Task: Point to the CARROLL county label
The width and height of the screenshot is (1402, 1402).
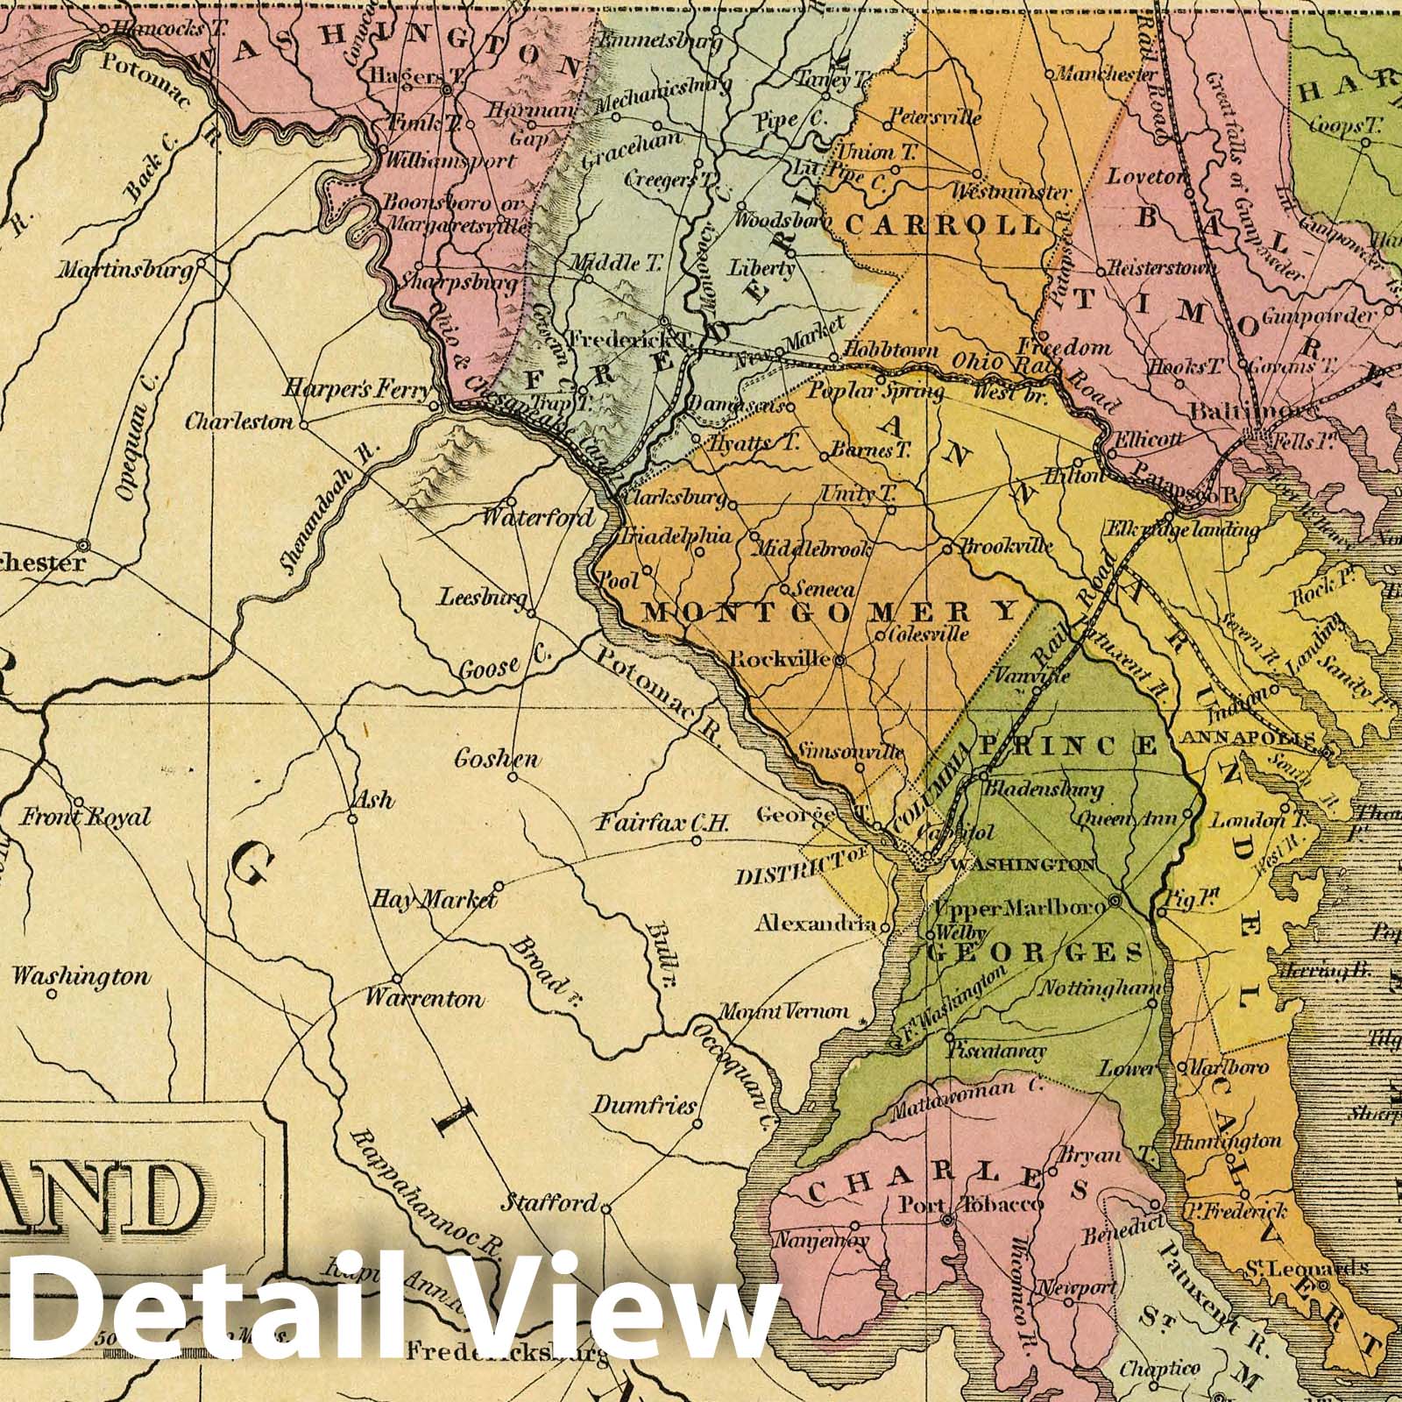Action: [944, 225]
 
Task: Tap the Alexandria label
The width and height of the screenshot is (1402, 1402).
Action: [815, 924]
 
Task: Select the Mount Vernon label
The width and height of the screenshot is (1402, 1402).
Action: [783, 1011]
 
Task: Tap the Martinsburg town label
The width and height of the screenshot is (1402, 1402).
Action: [125, 271]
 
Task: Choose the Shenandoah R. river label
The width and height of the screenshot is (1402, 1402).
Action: [328, 509]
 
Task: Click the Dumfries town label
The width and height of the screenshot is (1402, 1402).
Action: [643, 1105]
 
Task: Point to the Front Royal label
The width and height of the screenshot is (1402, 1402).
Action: [86, 818]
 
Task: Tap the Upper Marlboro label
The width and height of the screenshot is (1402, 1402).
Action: [1022, 908]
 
